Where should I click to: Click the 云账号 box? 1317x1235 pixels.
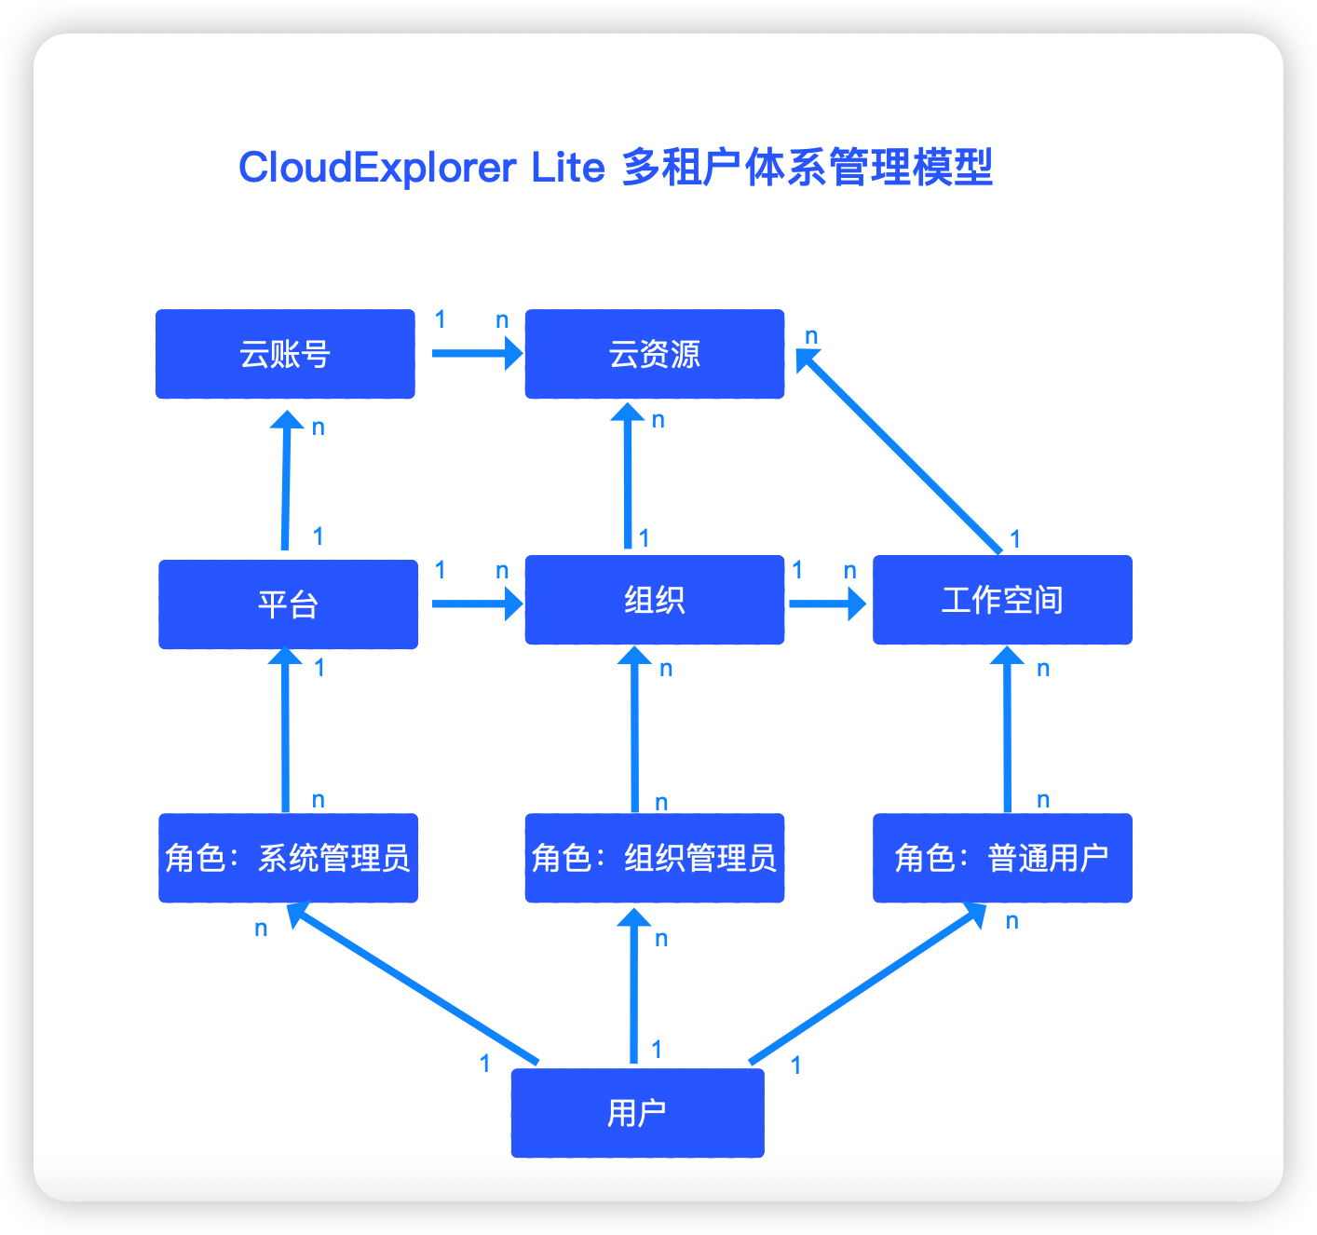[285, 354]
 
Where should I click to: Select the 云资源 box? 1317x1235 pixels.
[654, 354]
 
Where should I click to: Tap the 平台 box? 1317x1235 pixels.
[288, 604]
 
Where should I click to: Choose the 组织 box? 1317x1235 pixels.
[654, 600]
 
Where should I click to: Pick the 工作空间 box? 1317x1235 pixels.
[1002, 600]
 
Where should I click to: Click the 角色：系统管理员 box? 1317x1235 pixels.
[288, 858]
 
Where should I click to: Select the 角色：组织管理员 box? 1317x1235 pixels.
[654, 858]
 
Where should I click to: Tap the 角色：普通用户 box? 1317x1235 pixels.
[1002, 858]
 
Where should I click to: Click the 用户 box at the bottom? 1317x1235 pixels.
[637, 1112]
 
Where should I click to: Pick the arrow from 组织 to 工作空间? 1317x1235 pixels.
[825, 604]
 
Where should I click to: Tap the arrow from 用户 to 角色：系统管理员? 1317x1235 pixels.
[414, 984]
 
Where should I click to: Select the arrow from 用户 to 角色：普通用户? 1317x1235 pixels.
[866, 984]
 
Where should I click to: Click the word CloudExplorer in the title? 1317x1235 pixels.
[377, 168]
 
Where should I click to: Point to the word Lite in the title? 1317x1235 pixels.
[568, 168]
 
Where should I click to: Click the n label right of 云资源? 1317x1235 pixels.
[811, 335]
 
